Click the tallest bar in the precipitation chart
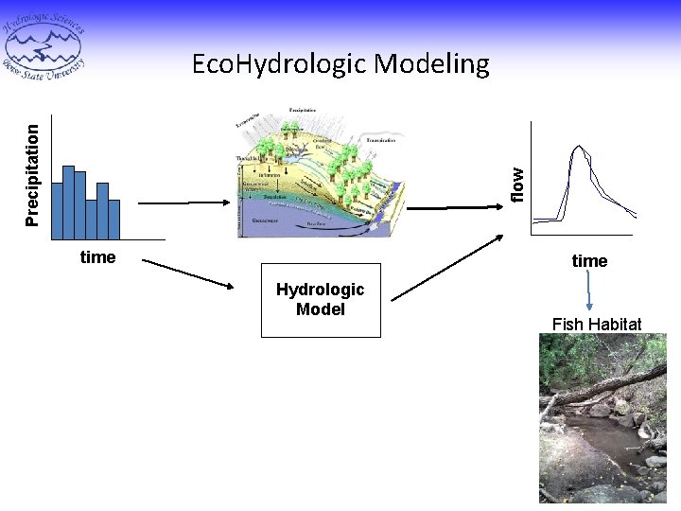(x=68, y=202)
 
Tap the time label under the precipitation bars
(x=98, y=257)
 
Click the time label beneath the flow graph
(x=589, y=260)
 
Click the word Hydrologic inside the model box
(x=320, y=290)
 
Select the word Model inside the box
(x=320, y=309)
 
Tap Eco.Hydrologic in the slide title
(x=279, y=64)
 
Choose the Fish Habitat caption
(x=597, y=325)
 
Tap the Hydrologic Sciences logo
(x=44, y=43)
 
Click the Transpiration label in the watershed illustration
(x=379, y=139)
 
